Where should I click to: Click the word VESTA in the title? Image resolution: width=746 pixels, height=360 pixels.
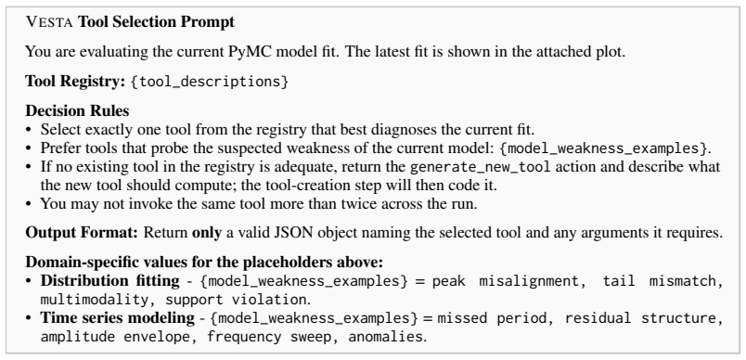[x=49, y=22]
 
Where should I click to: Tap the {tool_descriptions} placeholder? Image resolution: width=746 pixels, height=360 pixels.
[x=210, y=82]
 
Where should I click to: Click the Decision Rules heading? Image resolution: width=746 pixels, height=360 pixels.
[x=77, y=110]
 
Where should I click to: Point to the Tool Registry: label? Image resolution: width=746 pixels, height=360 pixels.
[x=75, y=82]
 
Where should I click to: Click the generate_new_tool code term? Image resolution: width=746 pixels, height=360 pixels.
[x=480, y=167]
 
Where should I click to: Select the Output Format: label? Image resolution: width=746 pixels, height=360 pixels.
[x=82, y=233]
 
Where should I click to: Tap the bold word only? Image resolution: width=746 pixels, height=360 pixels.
[x=207, y=233]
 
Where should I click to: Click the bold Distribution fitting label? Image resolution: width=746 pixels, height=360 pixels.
[x=109, y=280]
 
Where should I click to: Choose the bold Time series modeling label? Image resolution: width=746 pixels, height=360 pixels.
[x=118, y=317]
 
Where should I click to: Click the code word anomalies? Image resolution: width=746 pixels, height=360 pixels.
[x=385, y=337]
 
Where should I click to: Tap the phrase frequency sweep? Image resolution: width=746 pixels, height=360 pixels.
[x=269, y=337]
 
